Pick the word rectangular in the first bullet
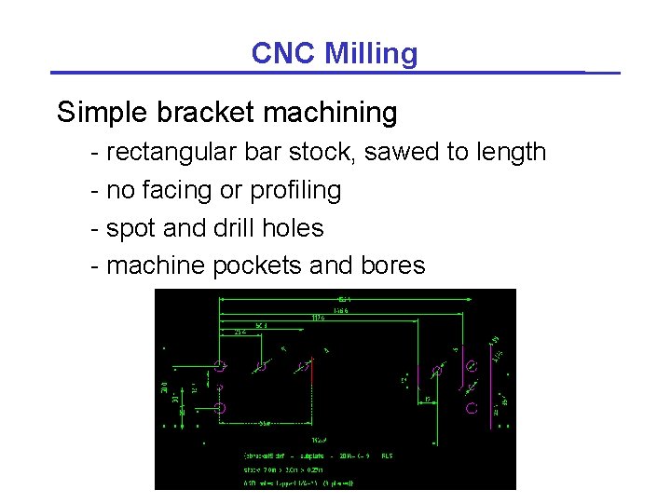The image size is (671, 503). tap(169, 152)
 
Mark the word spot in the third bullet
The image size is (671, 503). tap(131, 228)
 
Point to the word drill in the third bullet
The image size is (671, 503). tap(228, 228)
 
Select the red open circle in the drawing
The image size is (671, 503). tap(472, 408)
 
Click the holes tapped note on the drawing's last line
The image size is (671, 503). tap(298, 483)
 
